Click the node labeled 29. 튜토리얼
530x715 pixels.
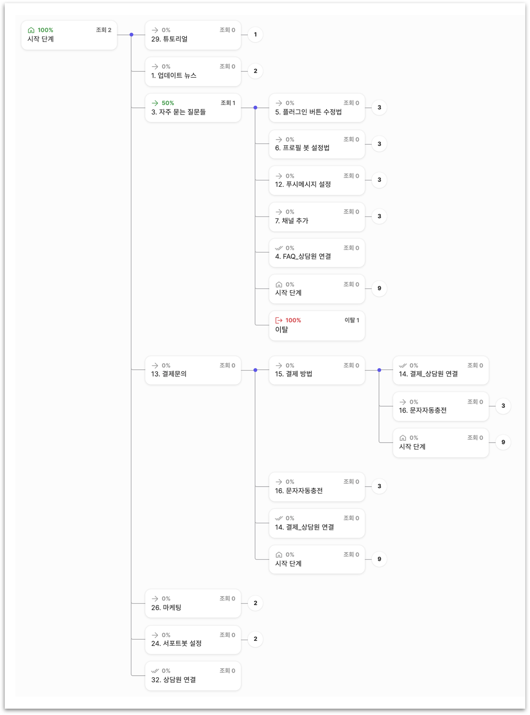[193, 35]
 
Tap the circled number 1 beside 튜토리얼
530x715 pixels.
[255, 35]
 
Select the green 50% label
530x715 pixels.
[168, 103]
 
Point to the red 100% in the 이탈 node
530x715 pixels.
[293, 320]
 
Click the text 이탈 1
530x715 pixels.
[352, 320]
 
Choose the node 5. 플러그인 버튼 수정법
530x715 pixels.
[316, 108]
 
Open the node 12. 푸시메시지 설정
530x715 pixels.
[316, 180]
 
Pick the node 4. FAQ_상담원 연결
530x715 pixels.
[316, 253]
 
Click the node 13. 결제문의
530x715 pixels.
[193, 370]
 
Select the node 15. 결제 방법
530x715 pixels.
[316, 370]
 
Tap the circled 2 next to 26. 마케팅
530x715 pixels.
[255, 603]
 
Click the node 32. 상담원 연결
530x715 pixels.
[193, 676]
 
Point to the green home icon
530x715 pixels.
[31, 30]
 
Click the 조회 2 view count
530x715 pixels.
[103, 30]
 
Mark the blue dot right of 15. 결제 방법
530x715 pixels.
[379, 370]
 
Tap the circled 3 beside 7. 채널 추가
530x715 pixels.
[379, 216]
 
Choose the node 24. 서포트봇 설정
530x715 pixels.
[193, 640]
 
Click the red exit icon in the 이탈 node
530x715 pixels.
[279, 320]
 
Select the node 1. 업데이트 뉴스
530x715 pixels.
[193, 71]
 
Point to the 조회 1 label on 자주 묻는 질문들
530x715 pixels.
[228, 103]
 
